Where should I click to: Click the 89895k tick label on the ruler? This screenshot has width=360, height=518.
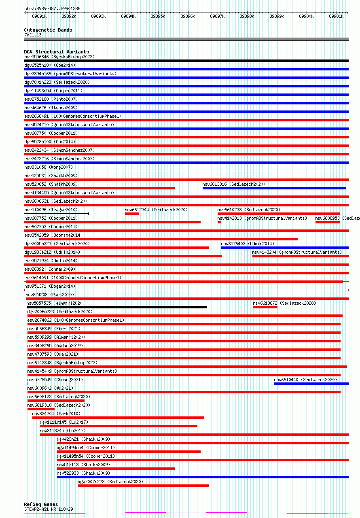(157, 16)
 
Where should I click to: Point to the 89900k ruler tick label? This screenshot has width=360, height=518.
(306, 16)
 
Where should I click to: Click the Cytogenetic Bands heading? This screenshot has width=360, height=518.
(48, 30)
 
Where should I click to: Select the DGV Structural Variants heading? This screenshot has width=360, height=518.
(56, 52)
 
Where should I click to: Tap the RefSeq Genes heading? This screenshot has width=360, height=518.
(41, 504)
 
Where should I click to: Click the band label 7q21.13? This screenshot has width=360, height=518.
(33, 35)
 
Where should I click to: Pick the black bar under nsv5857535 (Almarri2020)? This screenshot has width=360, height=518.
(116, 307)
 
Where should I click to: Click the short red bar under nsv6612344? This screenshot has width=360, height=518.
(132, 214)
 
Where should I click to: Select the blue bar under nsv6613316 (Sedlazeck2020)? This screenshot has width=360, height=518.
(274, 188)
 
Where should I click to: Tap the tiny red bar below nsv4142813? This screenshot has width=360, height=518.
(219, 222)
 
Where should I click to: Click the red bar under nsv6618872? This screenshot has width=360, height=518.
(265, 307)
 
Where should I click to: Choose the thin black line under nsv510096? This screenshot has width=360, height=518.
(56, 213)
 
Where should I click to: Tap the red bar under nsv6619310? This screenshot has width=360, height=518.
(40, 409)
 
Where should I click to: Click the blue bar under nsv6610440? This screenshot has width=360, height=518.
(311, 384)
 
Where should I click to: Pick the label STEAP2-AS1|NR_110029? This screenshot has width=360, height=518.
(49, 509)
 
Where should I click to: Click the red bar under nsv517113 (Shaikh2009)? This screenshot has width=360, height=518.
(116, 469)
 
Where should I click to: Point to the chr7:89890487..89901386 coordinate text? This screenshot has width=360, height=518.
(52, 8)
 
